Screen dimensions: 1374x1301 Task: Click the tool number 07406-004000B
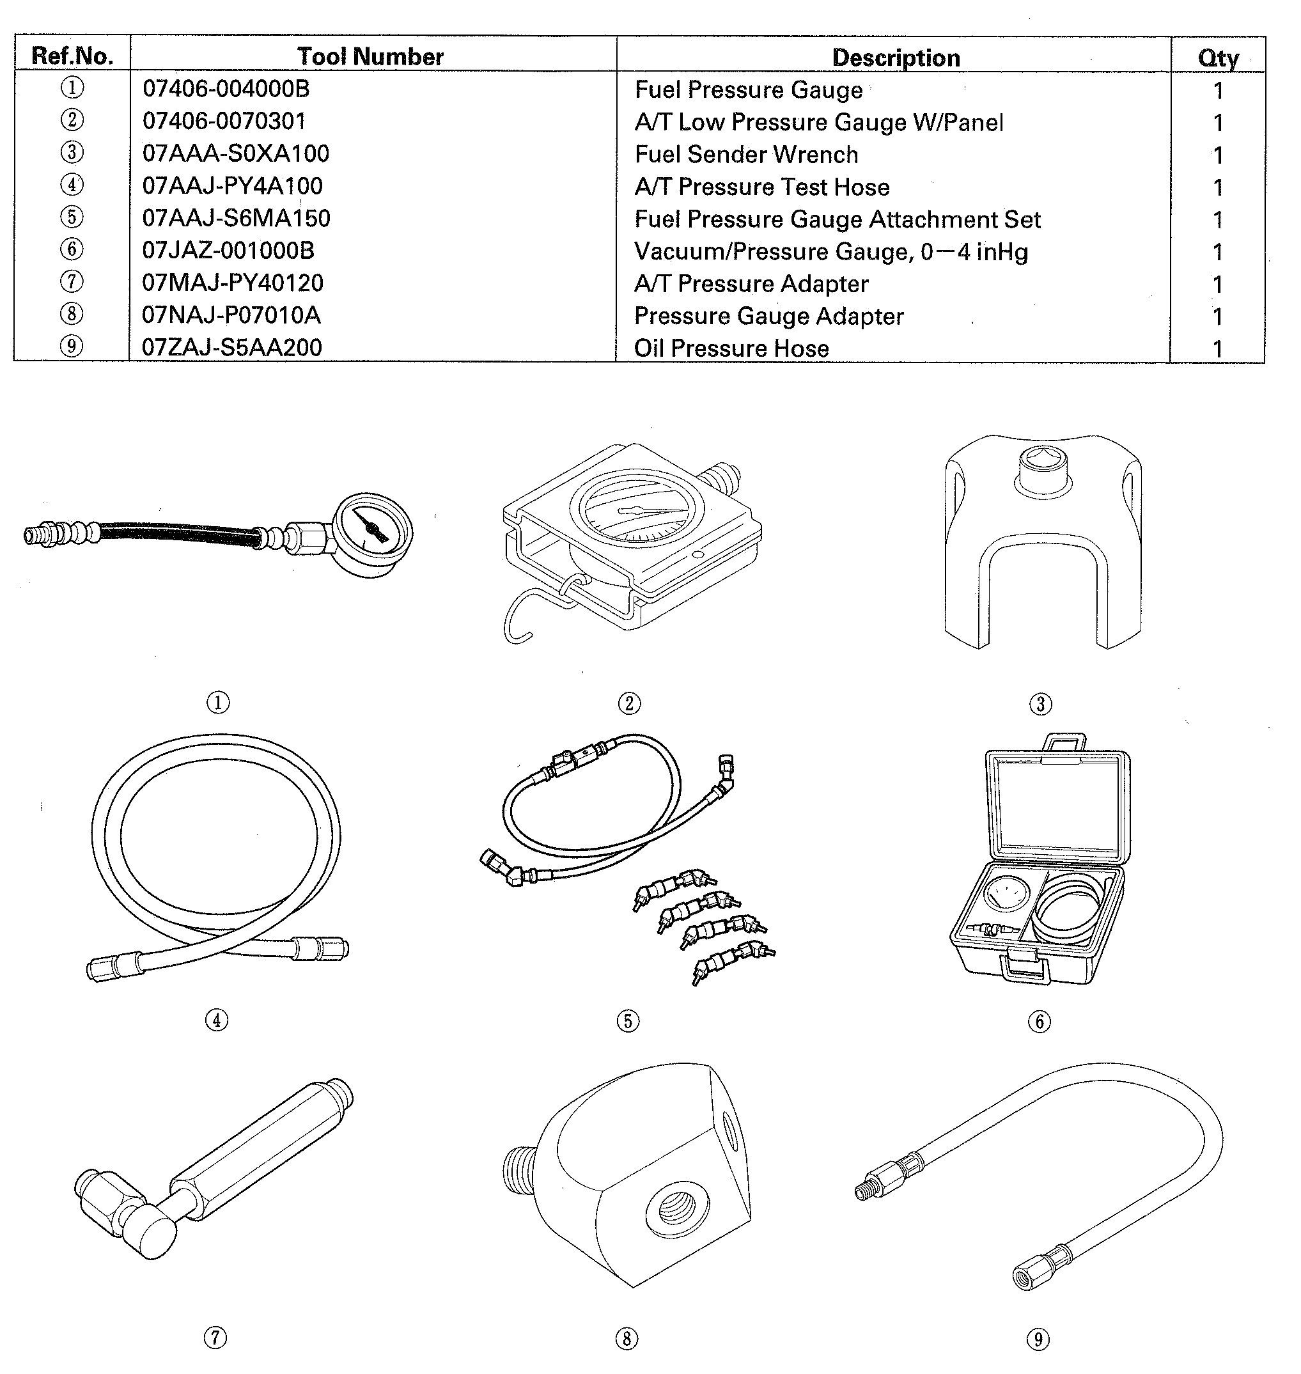(226, 89)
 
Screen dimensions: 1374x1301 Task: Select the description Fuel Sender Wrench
(746, 154)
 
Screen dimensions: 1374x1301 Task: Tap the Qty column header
(1218, 58)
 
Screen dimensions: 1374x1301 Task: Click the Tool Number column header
(370, 56)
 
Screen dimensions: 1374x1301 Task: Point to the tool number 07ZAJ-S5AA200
(231, 347)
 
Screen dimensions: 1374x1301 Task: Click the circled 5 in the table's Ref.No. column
(72, 217)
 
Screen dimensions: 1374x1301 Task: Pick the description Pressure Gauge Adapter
(768, 316)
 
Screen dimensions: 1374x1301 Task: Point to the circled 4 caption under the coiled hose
(216, 1020)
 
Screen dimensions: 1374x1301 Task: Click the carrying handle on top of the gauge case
(1064, 741)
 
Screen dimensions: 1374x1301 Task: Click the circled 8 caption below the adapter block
(627, 1338)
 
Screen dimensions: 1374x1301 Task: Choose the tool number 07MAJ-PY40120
(232, 283)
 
